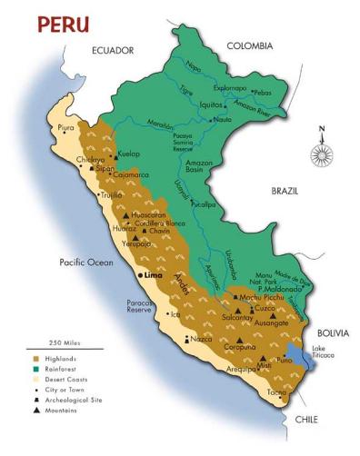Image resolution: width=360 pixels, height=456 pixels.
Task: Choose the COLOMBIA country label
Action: (250, 45)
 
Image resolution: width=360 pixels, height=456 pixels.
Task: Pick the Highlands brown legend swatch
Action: (36, 361)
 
